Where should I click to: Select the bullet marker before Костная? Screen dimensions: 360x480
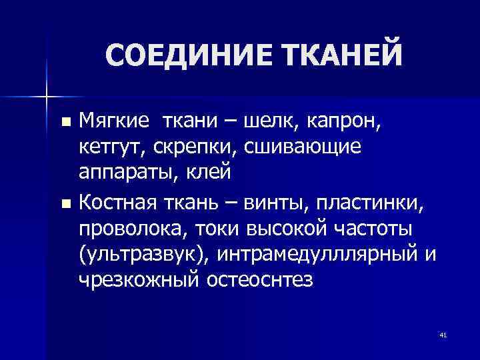(65, 202)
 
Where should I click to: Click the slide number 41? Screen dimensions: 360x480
(443, 335)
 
